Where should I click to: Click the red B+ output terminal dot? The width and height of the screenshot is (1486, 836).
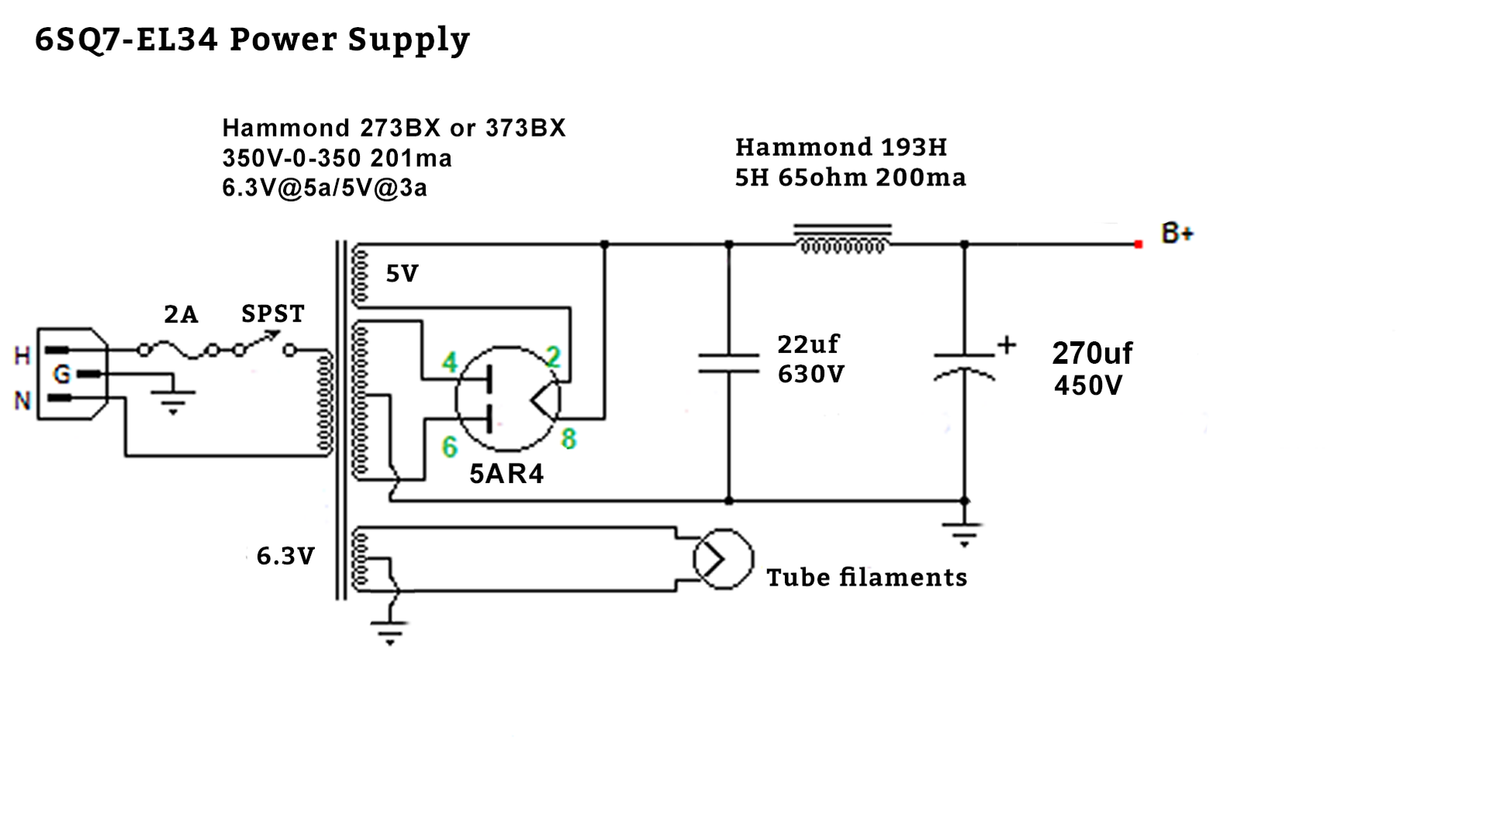[1138, 244]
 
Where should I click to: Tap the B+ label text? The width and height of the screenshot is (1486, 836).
[1176, 233]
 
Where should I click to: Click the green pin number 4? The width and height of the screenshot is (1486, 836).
[450, 361]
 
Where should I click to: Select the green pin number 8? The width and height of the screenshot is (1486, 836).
[568, 439]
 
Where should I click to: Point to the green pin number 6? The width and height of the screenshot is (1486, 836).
[450, 447]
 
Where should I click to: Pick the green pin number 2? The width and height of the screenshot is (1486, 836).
[552, 357]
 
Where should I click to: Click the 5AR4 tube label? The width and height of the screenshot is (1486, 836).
[506, 474]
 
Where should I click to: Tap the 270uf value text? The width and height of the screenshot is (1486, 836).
[1091, 354]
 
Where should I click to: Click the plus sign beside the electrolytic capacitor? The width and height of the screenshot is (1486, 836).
[1006, 345]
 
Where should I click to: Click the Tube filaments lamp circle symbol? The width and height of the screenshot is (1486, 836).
[723, 559]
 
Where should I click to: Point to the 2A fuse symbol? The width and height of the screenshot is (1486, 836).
[178, 351]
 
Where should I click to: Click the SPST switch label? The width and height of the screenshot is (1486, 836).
[273, 314]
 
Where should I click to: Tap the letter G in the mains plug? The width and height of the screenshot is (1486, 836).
[61, 375]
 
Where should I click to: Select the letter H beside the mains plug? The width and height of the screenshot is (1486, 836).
[22, 356]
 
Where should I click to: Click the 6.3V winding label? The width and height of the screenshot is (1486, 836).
[285, 556]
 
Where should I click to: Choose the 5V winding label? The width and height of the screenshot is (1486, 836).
[402, 273]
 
